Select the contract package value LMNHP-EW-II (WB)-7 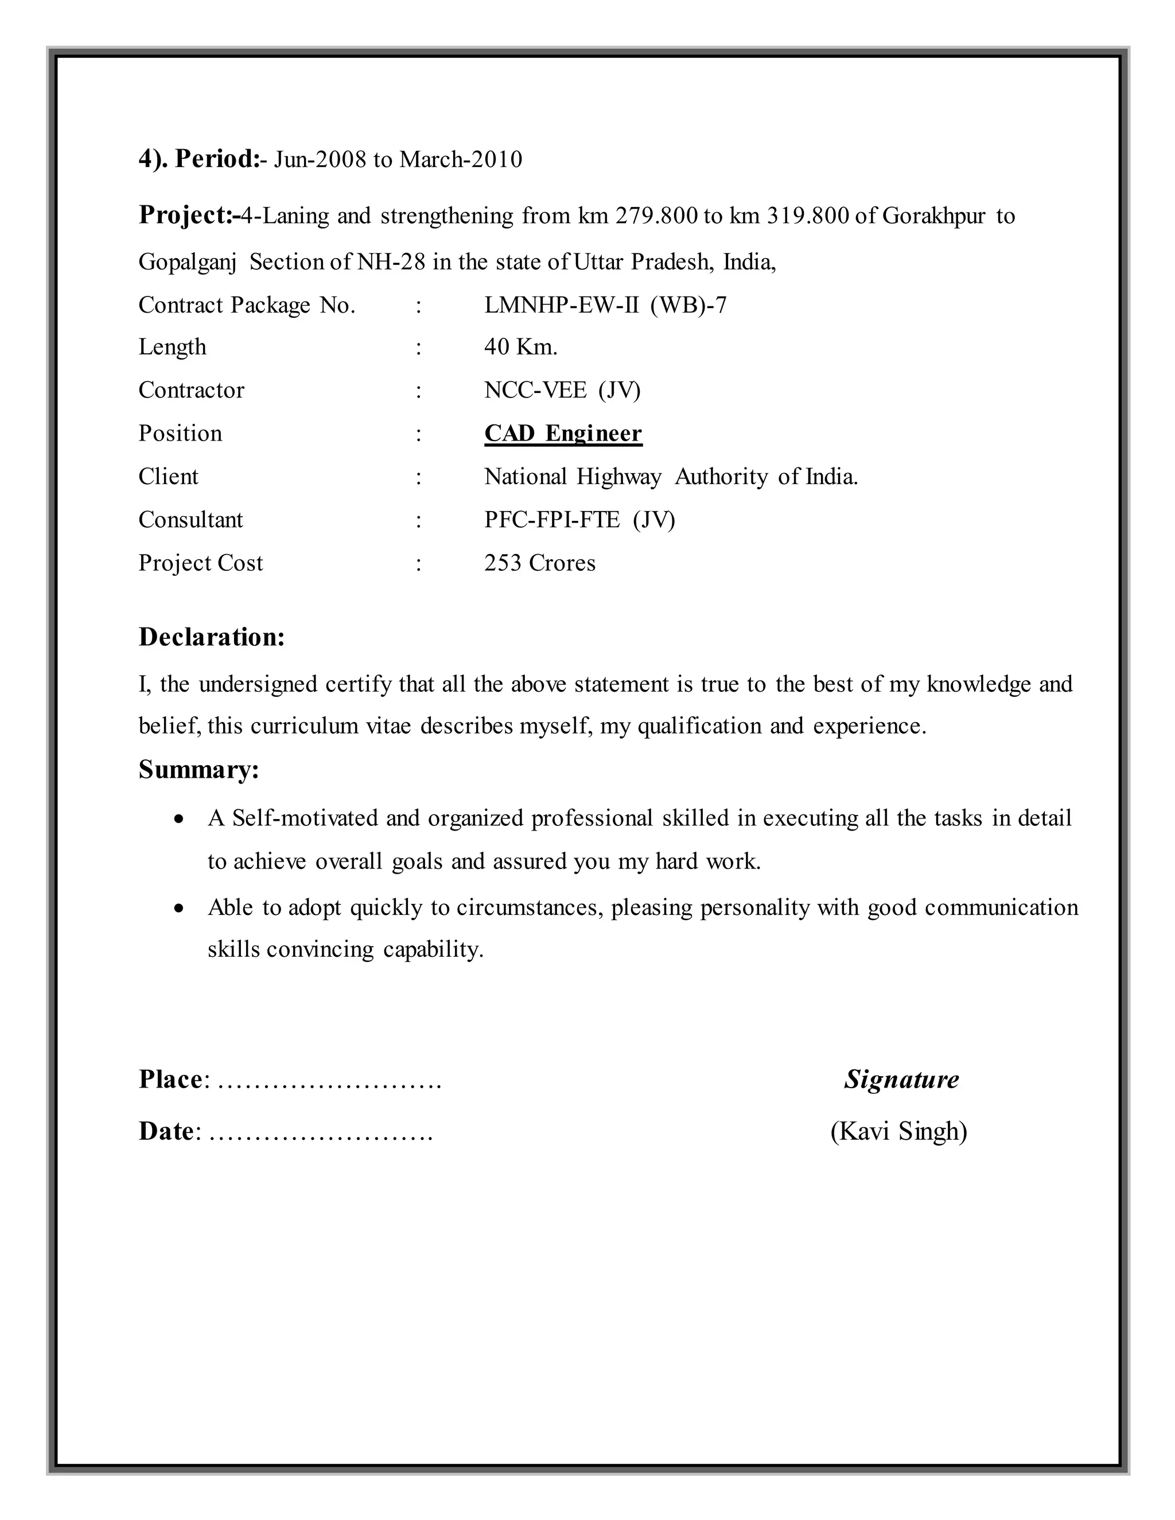[605, 306]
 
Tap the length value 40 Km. [521, 347]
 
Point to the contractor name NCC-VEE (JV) [562, 391]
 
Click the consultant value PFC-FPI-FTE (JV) [579, 520]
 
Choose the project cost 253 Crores [539, 563]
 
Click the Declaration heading [212, 637]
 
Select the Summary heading [199, 770]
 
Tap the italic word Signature [901, 1079]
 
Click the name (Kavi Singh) [898, 1132]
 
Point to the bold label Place [170, 1079]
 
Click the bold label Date [166, 1132]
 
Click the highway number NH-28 [391, 262]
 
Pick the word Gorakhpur [934, 216]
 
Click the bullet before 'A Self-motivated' [180, 820]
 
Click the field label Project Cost [200, 563]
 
